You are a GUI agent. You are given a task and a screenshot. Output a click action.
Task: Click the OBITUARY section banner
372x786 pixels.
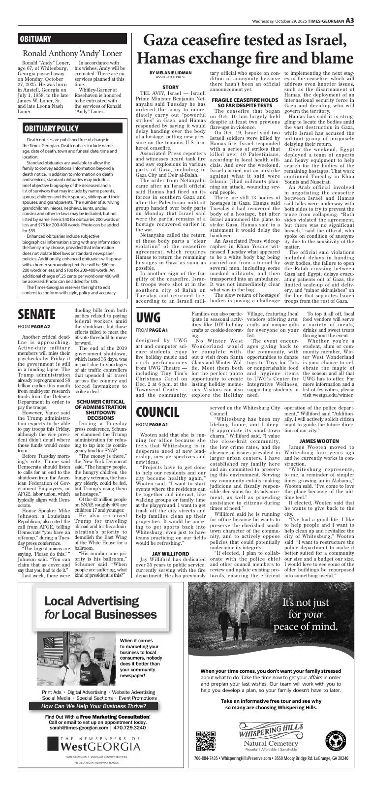(x=35, y=39)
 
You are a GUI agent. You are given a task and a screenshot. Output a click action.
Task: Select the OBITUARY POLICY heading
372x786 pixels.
(x=51, y=128)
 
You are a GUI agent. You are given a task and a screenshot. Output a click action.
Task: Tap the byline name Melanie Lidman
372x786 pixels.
(x=170, y=72)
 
